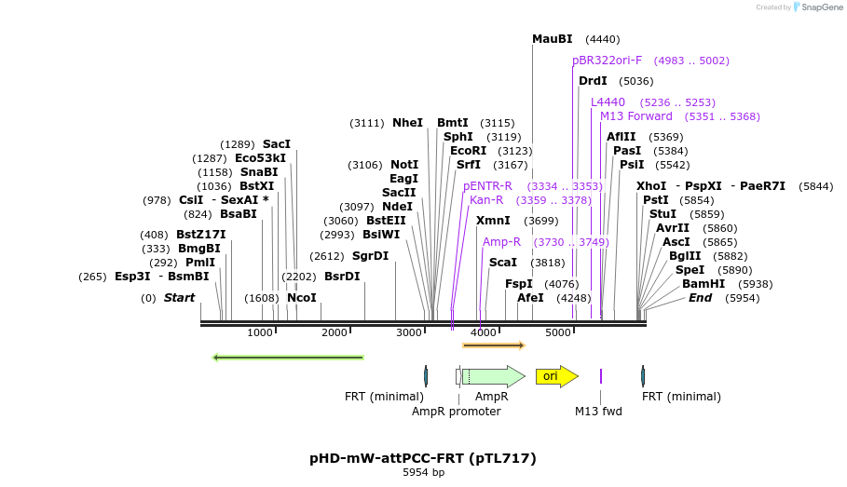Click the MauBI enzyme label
pyautogui.click(x=552, y=39)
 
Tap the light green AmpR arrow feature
pyautogui.click(x=494, y=376)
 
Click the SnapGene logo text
pyautogui.click(x=820, y=7)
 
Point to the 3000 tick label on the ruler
pyautogui.click(x=409, y=332)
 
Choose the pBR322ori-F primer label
pyautogui.click(x=607, y=61)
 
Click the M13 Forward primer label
pyautogui.click(x=635, y=116)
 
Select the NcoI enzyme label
pyautogui.click(x=301, y=298)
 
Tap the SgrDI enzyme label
pyautogui.click(x=370, y=256)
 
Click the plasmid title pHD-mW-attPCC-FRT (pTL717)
pyautogui.click(x=423, y=458)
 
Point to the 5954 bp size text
pyautogui.click(x=423, y=473)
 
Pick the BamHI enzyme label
pyautogui.click(x=703, y=284)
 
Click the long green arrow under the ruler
pyautogui.click(x=288, y=357)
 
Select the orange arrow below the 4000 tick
pyautogui.click(x=494, y=345)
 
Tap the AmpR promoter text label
pyautogui.click(x=457, y=411)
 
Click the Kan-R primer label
pyautogui.click(x=486, y=200)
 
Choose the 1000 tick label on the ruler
pyautogui.click(x=260, y=332)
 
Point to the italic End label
pyautogui.click(x=700, y=298)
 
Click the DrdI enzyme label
pyautogui.click(x=593, y=81)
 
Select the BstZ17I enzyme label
pyautogui.click(x=200, y=235)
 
